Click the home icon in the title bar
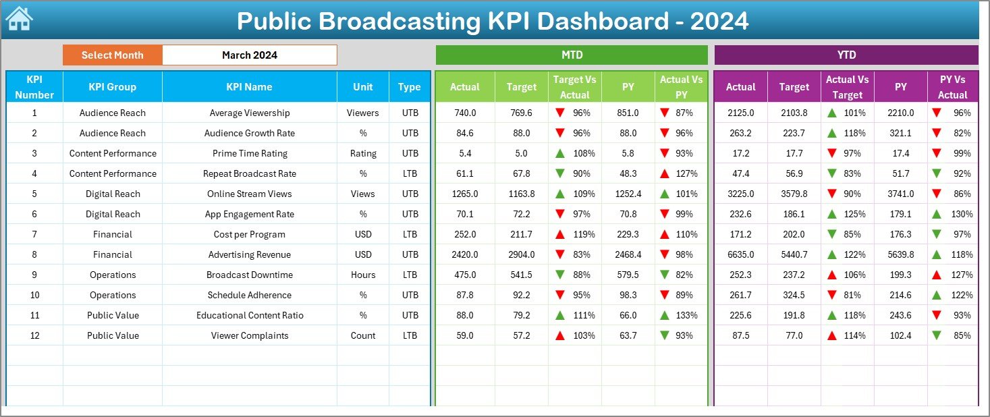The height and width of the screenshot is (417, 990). coord(19,20)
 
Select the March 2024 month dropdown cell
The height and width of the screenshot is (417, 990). coord(250,55)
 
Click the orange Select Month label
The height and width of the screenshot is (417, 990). coord(112,55)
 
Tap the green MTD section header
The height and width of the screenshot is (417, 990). coord(572,55)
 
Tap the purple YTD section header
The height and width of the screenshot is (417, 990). coord(846,55)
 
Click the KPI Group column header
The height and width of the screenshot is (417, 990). coord(112,87)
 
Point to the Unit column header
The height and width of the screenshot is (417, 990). coord(363,87)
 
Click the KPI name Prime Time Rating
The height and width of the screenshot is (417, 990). coord(250,153)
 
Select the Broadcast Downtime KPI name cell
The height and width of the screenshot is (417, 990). coord(250,275)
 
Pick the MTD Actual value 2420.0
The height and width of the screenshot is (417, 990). coord(465,254)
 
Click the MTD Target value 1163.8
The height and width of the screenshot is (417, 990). coord(521,194)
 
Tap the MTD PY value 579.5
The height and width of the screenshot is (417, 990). coord(628,275)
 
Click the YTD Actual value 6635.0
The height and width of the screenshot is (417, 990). coord(740,254)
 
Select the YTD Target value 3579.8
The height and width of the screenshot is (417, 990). coord(794,194)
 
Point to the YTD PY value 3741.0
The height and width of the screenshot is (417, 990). coord(900,194)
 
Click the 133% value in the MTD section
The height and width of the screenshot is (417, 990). coord(688,315)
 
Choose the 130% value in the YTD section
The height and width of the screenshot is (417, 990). coord(962,214)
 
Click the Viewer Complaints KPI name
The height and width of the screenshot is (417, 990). coord(250,335)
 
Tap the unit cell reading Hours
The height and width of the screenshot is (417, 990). coord(363,275)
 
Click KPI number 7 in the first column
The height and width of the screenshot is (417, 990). coord(34,234)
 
